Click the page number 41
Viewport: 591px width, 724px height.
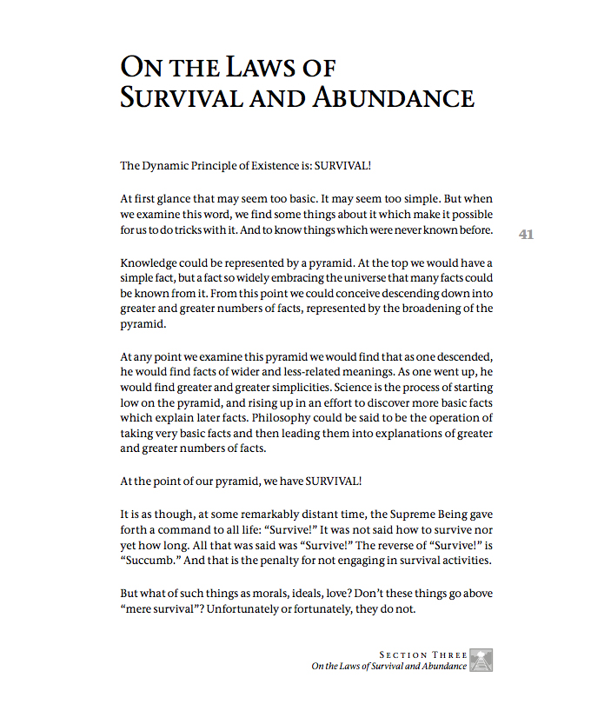tap(526, 234)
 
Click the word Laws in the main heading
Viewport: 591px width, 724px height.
tap(252, 68)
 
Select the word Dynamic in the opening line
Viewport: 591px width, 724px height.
tap(167, 165)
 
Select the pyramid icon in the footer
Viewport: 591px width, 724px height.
tap(482, 661)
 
